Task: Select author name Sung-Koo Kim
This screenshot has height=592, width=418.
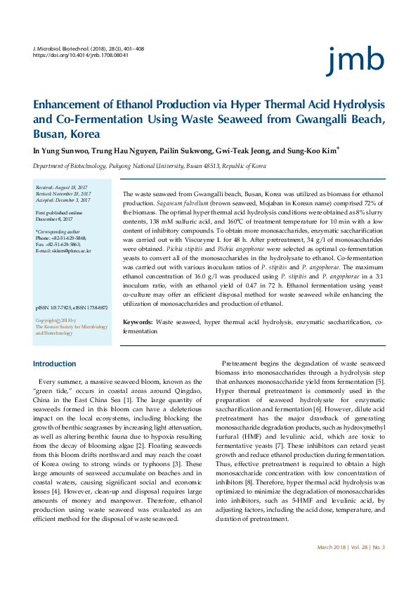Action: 313,150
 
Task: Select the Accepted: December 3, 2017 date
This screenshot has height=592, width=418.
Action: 63,200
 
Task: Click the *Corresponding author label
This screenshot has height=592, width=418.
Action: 58,231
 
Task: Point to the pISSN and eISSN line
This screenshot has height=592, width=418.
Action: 72,308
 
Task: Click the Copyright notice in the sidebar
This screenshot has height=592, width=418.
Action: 71,327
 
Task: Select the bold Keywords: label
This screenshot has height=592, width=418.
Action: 138,321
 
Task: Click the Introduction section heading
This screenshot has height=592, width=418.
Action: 55,363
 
